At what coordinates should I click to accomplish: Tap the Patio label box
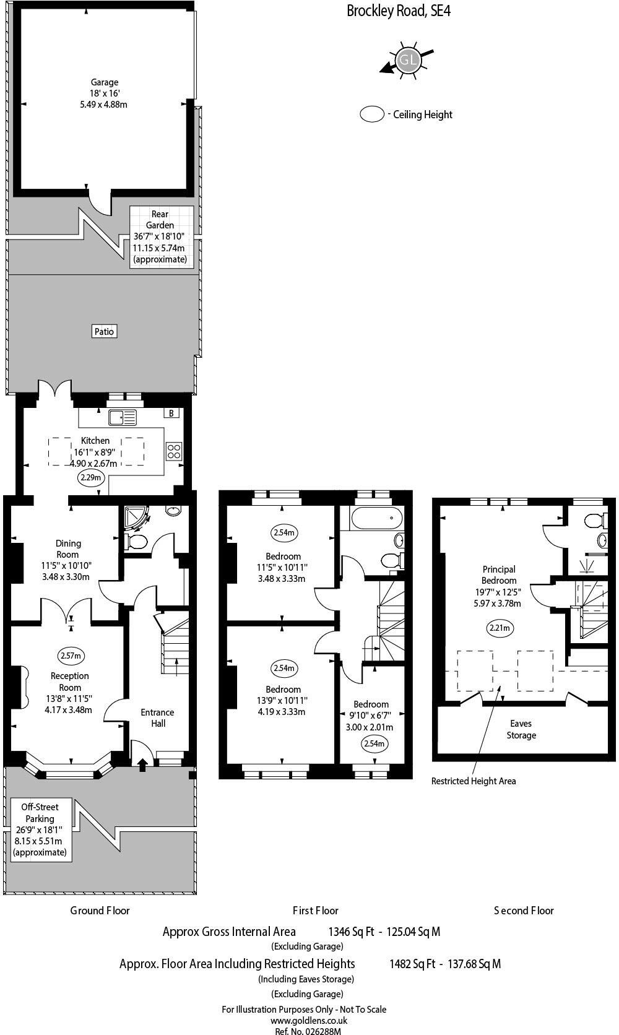(x=104, y=331)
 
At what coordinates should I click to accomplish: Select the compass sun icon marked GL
(x=407, y=60)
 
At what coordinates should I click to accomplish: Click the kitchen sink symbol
(x=123, y=418)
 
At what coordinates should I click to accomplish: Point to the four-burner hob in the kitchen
(x=175, y=451)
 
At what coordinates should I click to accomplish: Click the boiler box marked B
(x=171, y=413)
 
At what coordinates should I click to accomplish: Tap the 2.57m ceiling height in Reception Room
(x=71, y=656)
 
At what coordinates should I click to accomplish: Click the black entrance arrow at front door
(x=142, y=765)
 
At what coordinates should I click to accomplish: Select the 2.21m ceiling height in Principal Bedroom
(x=500, y=628)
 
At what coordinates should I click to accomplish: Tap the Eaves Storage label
(x=521, y=729)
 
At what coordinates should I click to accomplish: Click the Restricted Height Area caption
(x=473, y=781)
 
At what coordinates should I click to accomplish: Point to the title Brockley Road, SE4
(x=398, y=11)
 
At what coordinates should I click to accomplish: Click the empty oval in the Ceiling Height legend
(x=372, y=115)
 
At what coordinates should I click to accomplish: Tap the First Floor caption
(x=316, y=911)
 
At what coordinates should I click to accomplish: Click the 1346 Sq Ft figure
(x=351, y=932)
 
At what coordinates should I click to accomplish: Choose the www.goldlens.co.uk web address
(x=308, y=1021)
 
